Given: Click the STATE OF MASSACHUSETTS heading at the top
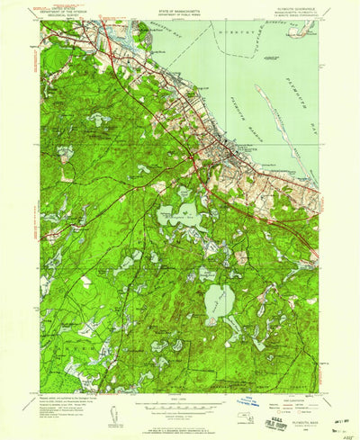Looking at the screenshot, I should coord(180,7).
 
